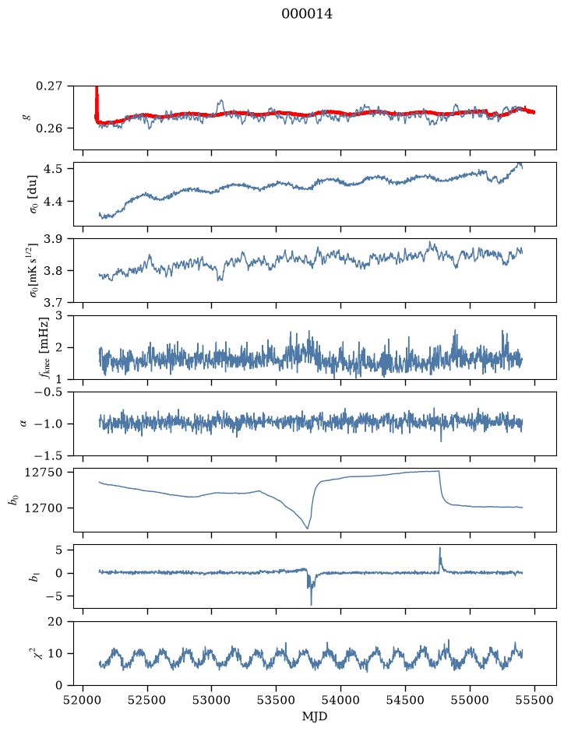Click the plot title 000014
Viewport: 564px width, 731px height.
point(307,15)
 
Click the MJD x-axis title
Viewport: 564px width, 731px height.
point(315,716)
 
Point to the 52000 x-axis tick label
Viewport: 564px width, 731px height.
point(83,700)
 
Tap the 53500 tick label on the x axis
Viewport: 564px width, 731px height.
point(277,700)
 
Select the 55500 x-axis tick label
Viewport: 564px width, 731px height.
point(534,700)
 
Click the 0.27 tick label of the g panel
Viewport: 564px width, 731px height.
point(49,86)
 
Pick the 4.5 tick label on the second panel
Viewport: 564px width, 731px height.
point(53,168)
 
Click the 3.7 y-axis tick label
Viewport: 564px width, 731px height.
point(53,303)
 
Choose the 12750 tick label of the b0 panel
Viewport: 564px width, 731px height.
point(44,473)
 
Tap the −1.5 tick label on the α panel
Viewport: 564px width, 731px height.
point(48,455)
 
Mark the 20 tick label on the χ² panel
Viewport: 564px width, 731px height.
point(55,621)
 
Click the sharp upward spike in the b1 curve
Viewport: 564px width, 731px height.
point(439,548)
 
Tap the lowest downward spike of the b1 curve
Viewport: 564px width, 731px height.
point(311,604)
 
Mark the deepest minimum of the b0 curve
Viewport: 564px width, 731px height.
point(308,528)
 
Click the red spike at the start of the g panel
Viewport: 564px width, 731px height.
point(97,100)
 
